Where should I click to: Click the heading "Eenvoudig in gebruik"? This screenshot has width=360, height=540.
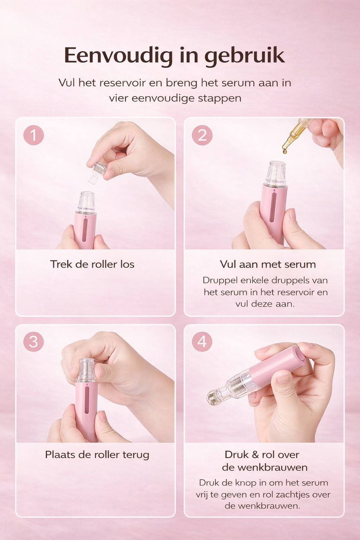pyautogui.click(x=174, y=56)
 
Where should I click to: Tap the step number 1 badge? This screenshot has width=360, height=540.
pyautogui.click(x=33, y=135)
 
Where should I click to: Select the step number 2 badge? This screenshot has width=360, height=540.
pyautogui.click(x=202, y=135)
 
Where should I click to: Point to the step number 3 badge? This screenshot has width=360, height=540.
pyautogui.click(x=33, y=341)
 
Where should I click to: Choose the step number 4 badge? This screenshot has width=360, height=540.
pyautogui.click(x=202, y=341)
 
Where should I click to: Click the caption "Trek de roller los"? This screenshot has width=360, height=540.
pyautogui.click(x=92, y=264)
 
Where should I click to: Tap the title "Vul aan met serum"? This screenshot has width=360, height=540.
pyautogui.click(x=268, y=264)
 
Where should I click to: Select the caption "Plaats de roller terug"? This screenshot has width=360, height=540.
pyautogui.click(x=97, y=455)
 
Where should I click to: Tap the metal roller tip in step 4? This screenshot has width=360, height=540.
pyautogui.click(x=213, y=397)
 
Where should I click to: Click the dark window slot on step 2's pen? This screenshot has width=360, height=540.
pyautogui.click(x=273, y=207)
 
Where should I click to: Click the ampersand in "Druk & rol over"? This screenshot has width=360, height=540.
pyautogui.click(x=255, y=455)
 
